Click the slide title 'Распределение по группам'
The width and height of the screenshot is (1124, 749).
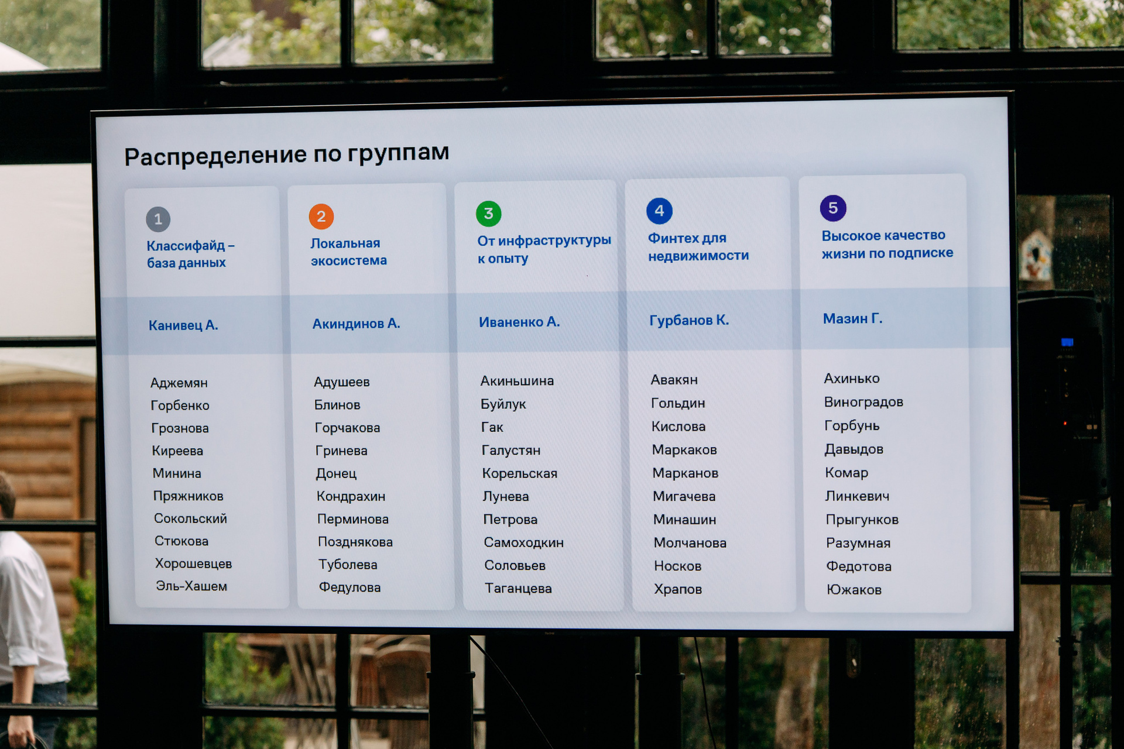tap(287, 154)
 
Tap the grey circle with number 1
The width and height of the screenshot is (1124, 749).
tap(158, 219)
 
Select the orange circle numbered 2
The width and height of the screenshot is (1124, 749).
tap(321, 217)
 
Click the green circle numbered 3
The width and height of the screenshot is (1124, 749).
tap(489, 214)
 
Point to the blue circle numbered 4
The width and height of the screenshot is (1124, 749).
tap(659, 211)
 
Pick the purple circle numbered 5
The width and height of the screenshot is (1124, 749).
tap(833, 208)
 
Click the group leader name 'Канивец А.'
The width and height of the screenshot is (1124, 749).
tap(183, 325)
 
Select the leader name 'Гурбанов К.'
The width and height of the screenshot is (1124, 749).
tap(689, 320)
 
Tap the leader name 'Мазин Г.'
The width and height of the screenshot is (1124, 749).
tap(852, 318)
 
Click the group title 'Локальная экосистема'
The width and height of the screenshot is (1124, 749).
tap(348, 252)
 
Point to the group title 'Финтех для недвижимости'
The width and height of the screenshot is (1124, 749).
tap(698, 246)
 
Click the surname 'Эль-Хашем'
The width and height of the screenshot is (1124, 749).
tap(191, 586)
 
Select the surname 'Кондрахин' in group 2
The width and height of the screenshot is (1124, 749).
tap(351, 496)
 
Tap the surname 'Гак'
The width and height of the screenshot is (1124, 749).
tap(492, 427)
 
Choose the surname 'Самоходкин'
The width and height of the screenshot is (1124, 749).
tap(523, 542)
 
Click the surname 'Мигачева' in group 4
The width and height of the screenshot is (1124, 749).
tap(684, 496)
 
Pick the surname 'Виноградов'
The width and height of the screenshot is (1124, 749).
tap(863, 402)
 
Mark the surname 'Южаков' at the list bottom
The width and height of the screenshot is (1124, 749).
tap(854, 589)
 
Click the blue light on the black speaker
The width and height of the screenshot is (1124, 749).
tap(1067, 342)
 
